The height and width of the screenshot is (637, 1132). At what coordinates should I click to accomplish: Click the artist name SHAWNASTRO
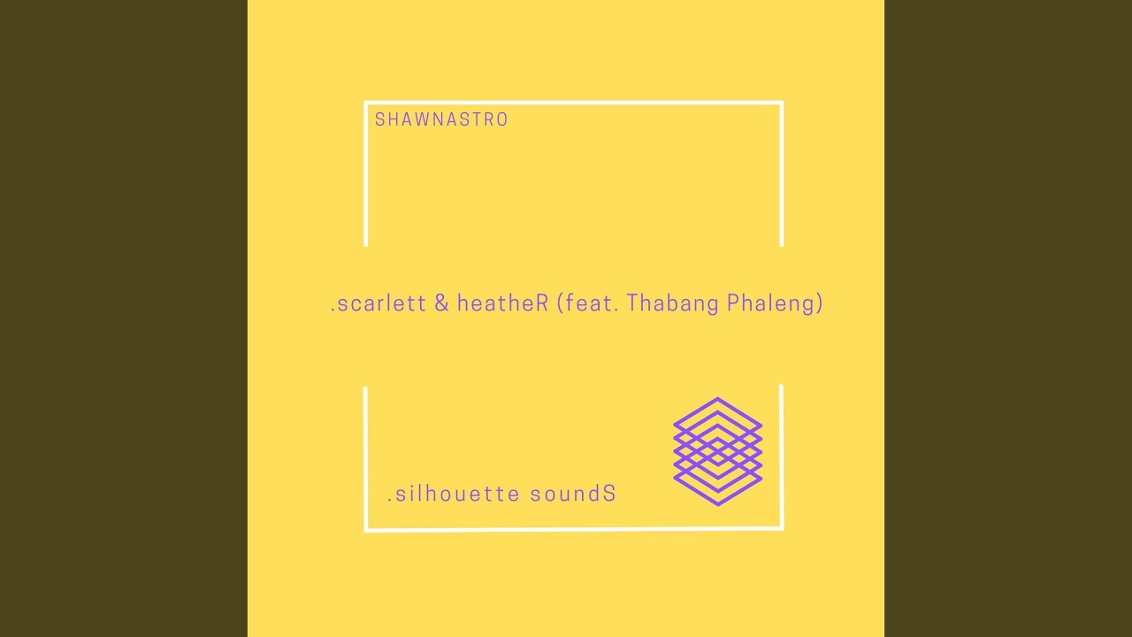click(441, 119)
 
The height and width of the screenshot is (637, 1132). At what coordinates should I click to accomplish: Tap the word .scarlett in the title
click(378, 303)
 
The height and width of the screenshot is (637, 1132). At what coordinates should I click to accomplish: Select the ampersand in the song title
click(441, 303)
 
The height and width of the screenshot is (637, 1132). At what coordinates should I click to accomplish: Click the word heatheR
click(502, 303)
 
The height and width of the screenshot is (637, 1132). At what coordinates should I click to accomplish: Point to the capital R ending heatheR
click(542, 303)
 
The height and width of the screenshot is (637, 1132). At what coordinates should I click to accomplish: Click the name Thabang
click(672, 303)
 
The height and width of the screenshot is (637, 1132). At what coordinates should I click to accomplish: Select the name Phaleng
click(769, 303)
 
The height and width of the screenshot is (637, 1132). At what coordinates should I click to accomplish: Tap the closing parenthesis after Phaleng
click(819, 303)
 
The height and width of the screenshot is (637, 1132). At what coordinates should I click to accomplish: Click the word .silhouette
click(454, 494)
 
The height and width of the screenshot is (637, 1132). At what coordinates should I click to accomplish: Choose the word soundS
click(573, 494)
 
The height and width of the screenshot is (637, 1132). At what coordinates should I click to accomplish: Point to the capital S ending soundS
click(609, 494)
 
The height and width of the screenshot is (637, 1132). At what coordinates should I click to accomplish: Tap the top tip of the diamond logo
click(717, 398)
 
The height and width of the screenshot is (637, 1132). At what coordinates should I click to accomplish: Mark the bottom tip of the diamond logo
click(717, 504)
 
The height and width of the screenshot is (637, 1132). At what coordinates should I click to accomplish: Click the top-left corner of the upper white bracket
click(365, 103)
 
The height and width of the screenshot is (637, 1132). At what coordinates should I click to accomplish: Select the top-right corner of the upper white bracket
click(782, 103)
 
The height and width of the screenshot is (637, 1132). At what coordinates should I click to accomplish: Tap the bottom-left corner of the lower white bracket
click(366, 530)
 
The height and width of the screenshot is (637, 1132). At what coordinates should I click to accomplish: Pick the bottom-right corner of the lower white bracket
click(782, 528)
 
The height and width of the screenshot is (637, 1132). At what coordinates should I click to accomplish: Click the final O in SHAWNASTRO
click(502, 119)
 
